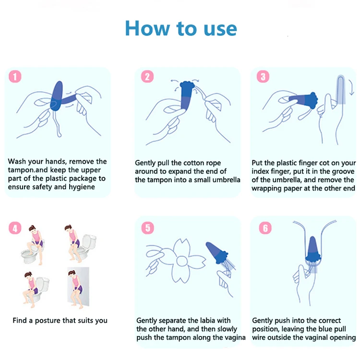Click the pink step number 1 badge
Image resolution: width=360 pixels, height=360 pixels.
pos(15,76)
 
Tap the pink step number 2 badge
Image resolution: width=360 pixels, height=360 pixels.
pos(147,76)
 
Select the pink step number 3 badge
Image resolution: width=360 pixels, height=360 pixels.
pos(263,76)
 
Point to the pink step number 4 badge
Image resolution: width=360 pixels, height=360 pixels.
pos(15,228)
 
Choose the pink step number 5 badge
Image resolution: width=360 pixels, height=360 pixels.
pos(147,228)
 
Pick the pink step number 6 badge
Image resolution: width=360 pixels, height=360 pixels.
pos(265,228)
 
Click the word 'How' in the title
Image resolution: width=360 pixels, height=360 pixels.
pos(148,28)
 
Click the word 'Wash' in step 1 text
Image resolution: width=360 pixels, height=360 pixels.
pos(17,161)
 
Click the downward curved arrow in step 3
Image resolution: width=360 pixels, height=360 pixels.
pos(351,87)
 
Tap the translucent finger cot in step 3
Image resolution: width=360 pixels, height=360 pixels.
pos(341,90)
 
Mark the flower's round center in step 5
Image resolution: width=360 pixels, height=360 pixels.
pos(182,261)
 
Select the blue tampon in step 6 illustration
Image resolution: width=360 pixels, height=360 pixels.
pos(313,249)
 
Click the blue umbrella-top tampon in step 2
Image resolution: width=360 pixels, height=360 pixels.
pos(187,95)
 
